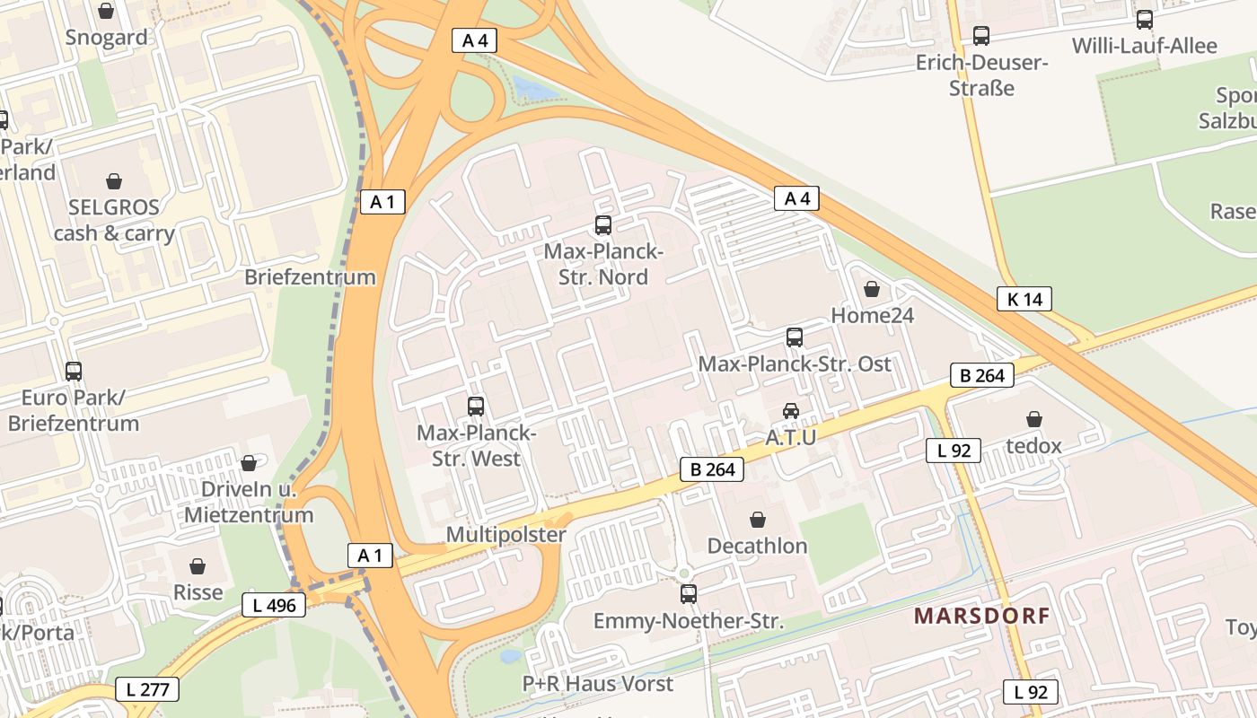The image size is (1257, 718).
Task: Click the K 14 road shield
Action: click(x=1024, y=299)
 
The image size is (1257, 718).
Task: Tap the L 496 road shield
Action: click(x=274, y=605)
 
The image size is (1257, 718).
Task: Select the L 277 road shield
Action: click(x=147, y=689)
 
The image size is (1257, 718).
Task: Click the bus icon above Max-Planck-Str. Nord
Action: click(x=603, y=225)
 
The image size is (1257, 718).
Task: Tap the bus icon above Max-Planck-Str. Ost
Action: click(x=795, y=337)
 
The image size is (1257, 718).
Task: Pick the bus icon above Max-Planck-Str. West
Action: click(x=476, y=406)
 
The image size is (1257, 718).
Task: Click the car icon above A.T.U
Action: click(x=791, y=411)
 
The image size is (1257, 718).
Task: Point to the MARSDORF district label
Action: click(x=981, y=616)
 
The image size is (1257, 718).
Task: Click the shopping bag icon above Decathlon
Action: click(x=758, y=520)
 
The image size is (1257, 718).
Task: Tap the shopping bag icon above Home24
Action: click(x=871, y=289)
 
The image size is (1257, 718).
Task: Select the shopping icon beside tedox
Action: click(x=1034, y=419)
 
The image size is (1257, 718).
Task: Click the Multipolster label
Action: click(x=506, y=535)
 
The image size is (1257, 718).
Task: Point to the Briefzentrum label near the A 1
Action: click(x=310, y=276)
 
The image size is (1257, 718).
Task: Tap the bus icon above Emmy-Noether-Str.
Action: click(x=689, y=593)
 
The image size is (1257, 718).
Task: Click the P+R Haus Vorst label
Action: click(x=598, y=684)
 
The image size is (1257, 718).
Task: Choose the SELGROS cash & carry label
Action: click(x=114, y=220)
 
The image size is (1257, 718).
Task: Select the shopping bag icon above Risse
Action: click(x=198, y=566)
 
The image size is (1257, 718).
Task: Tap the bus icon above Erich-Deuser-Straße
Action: click(x=981, y=36)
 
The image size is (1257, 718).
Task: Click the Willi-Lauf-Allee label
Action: click(x=1144, y=46)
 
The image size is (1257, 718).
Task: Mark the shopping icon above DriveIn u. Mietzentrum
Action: click(x=249, y=463)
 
